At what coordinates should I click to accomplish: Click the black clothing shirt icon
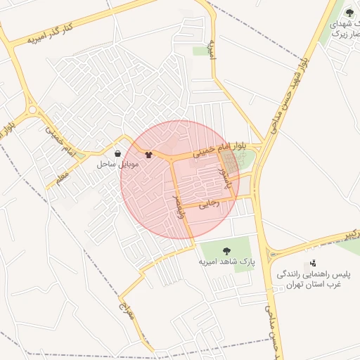(148, 155)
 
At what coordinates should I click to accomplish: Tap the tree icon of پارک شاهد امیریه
(226, 250)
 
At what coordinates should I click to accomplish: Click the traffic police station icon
(313, 262)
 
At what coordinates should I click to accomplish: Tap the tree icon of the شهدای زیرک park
(349, 12)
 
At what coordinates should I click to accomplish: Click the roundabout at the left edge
(32, 110)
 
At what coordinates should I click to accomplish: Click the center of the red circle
(180, 180)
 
